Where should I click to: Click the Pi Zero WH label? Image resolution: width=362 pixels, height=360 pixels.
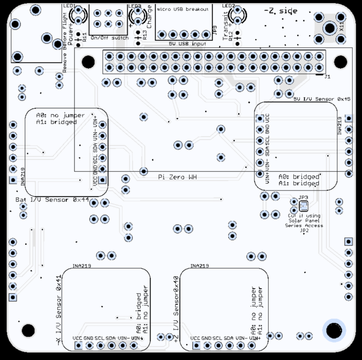[x=177, y=177]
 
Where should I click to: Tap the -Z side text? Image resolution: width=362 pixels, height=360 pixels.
[x=280, y=11]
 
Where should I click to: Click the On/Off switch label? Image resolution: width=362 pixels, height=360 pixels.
[x=109, y=38]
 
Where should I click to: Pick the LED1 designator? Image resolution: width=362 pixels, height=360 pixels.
[x=70, y=6]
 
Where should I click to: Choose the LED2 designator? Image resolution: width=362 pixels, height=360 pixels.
[x=228, y=6]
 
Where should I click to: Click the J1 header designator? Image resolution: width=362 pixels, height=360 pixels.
[x=327, y=77]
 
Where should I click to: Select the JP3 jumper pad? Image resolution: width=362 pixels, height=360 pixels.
[x=303, y=205]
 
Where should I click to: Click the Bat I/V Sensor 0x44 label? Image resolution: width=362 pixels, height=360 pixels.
[x=52, y=200]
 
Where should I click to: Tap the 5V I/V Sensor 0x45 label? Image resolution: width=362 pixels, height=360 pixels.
[x=322, y=99]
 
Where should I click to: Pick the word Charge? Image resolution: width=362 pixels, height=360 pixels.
[x=149, y=17]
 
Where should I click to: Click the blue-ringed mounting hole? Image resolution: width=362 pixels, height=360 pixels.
[x=334, y=331]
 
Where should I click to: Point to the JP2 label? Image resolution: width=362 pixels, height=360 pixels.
[x=304, y=230]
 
